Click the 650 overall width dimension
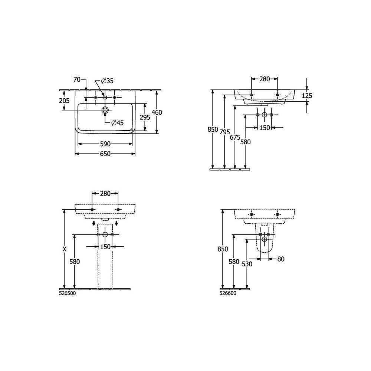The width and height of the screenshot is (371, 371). [x=105, y=154]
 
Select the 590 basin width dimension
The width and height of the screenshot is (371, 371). [x=105, y=144]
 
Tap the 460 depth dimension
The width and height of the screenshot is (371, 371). [x=157, y=112]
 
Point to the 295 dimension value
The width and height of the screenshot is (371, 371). [x=145, y=117]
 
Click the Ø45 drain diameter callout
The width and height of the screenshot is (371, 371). [x=117, y=122]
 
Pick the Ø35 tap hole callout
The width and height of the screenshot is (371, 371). [x=107, y=81]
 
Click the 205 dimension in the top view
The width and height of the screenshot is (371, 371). [x=64, y=101]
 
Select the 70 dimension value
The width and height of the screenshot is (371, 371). [x=77, y=80]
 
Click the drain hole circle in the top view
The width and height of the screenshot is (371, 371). [x=105, y=110]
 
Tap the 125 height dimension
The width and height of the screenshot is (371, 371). [x=307, y=96]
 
